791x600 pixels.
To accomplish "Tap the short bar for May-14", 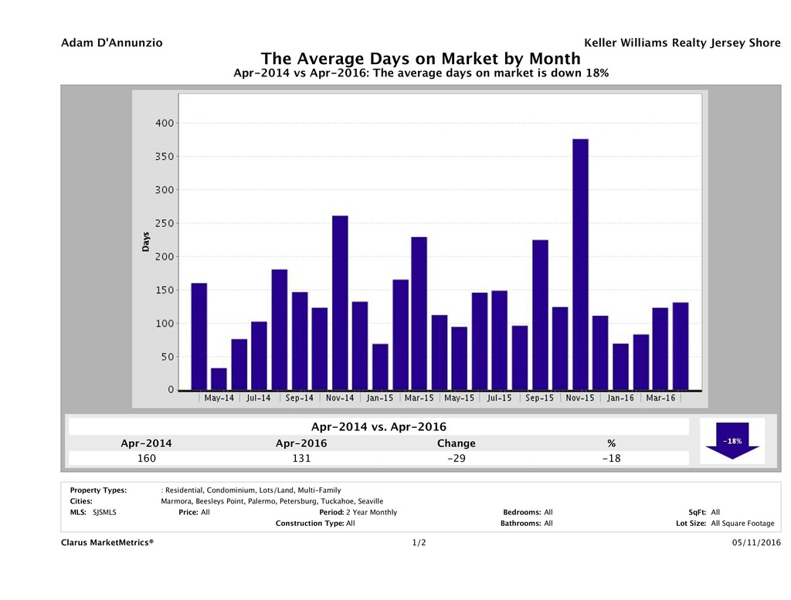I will (x=219, y=379).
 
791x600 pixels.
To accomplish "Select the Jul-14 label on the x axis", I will (x=259, y=398).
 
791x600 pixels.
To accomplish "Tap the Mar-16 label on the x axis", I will (x=660, y=398).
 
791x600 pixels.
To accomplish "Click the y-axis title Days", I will (x=145, y=241).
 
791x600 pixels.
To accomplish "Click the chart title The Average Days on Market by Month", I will (x=420, y=59).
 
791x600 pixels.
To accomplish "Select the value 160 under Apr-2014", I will (x=146, y=459).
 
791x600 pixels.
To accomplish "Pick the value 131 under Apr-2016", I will (x=300, y=459).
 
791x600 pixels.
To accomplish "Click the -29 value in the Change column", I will (x=456, y=459).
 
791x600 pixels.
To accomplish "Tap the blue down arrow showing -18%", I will (x=732, y=441).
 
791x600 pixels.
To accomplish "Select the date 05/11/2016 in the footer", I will (x=755, y=543).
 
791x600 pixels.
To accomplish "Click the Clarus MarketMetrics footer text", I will (x=107, y=543).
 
